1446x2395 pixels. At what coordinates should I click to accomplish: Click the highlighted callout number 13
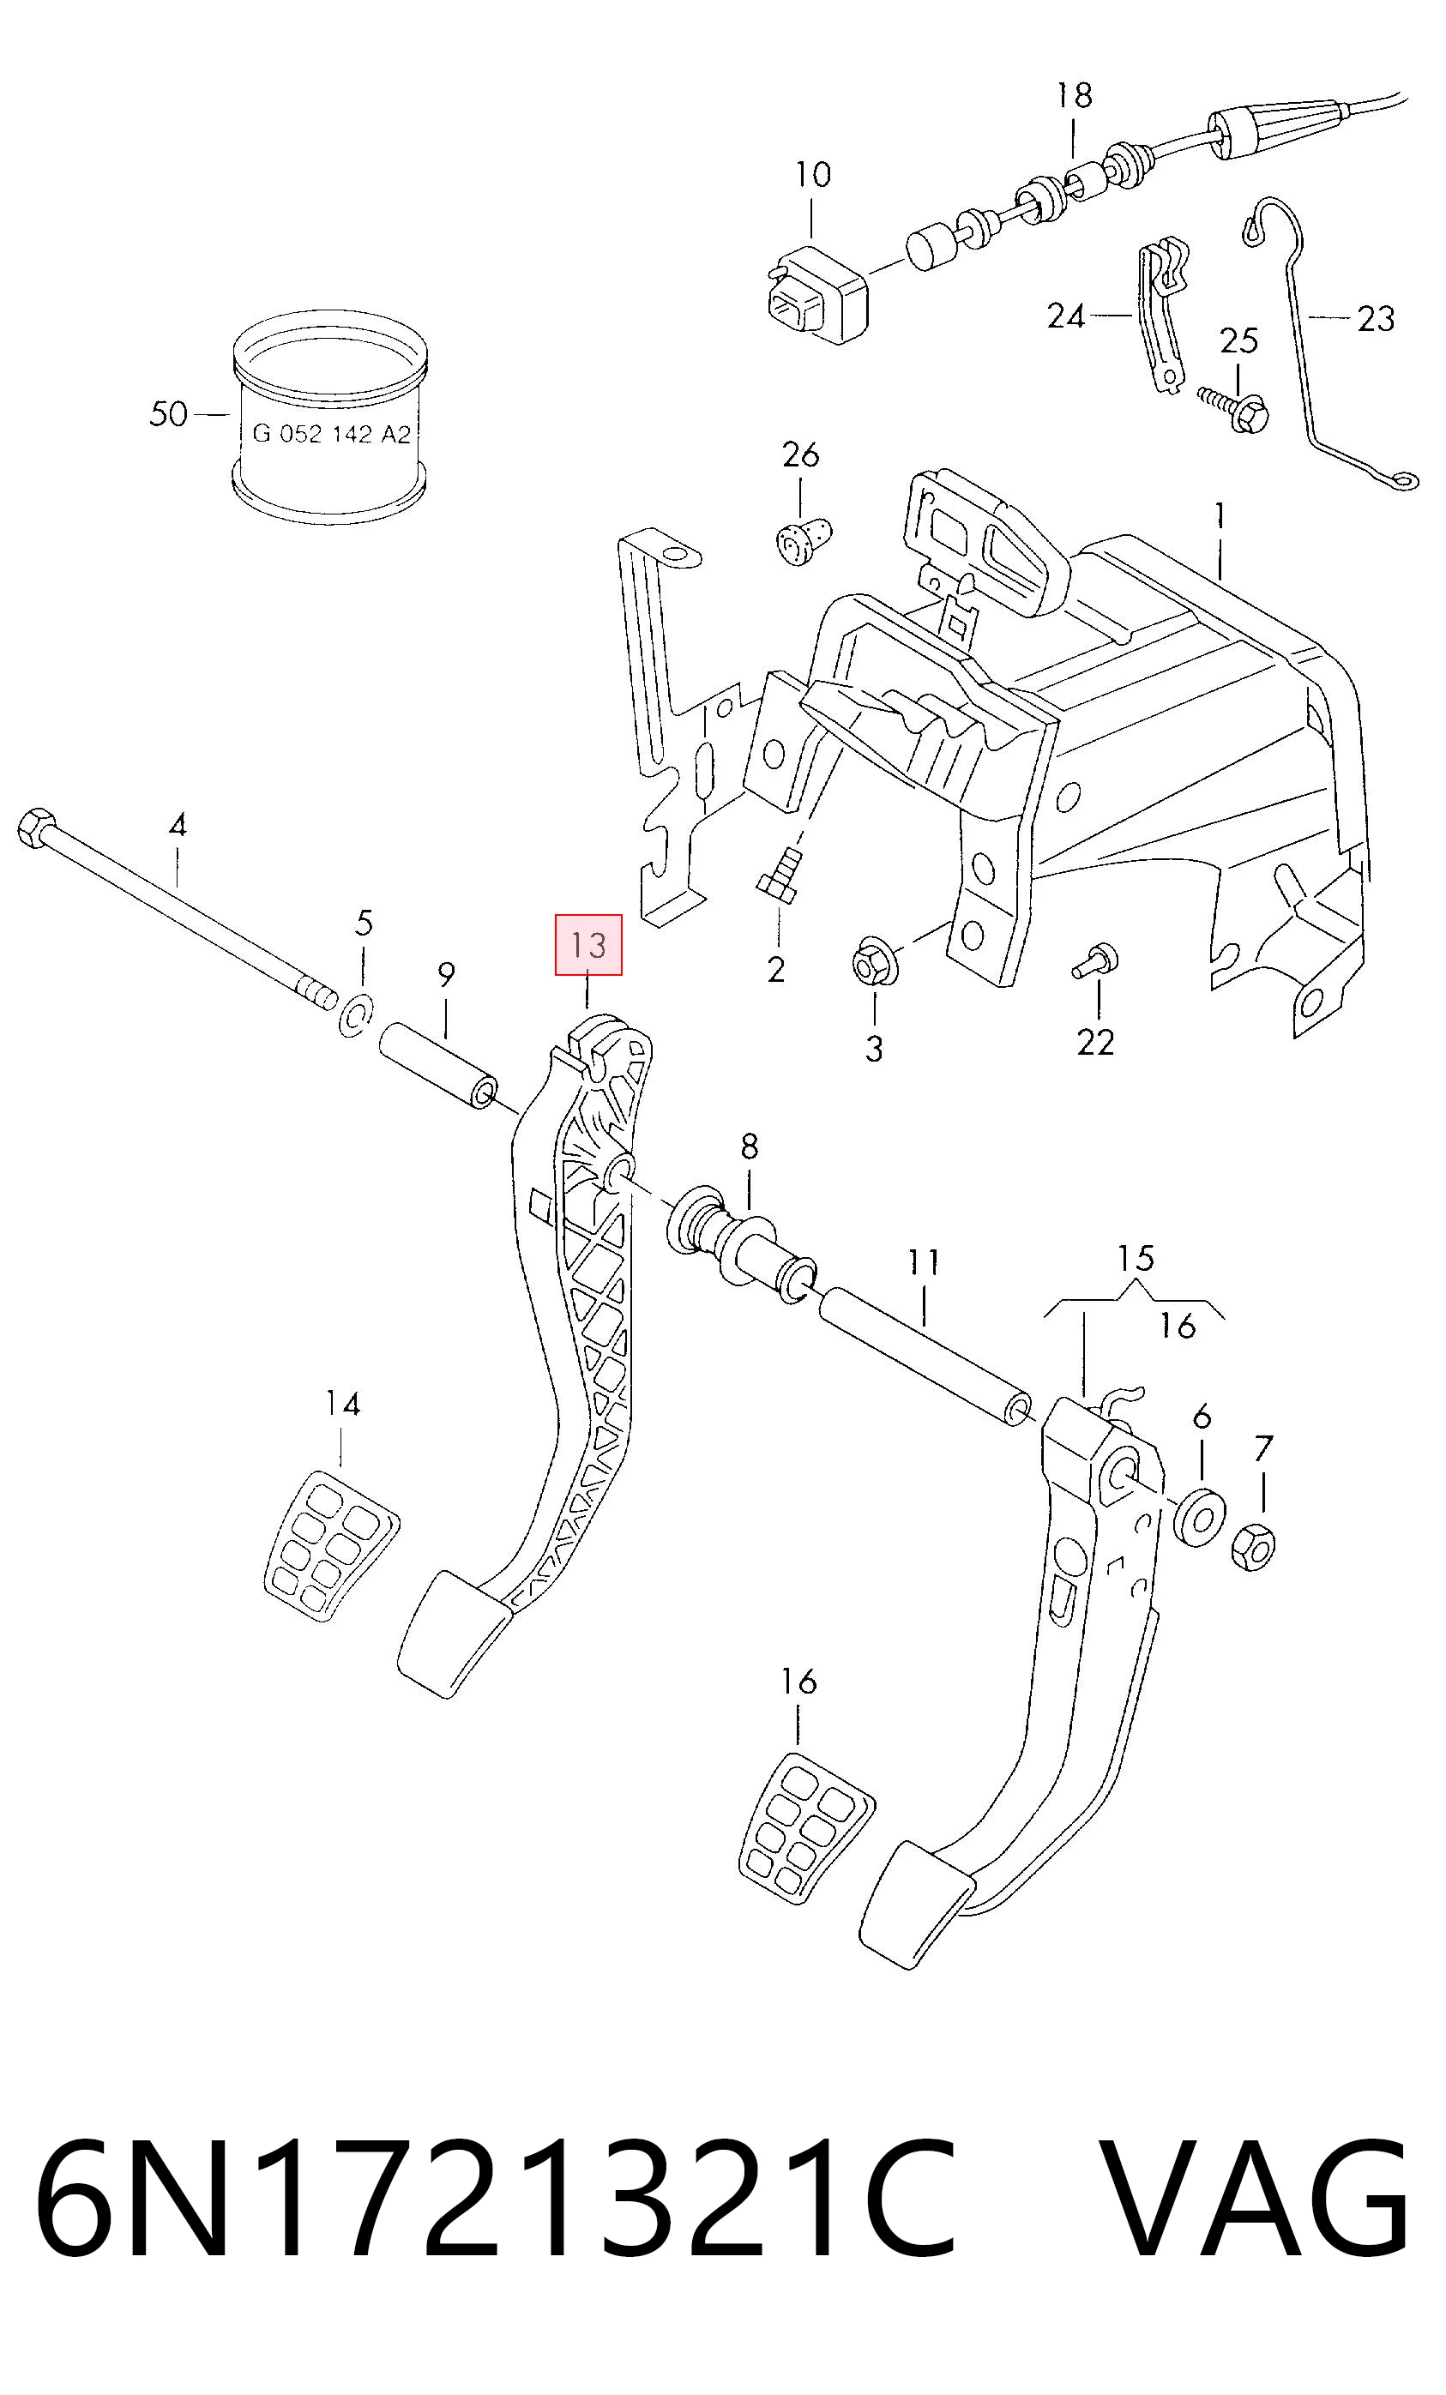point(588,944)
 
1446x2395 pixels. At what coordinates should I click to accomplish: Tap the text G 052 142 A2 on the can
point(332,435)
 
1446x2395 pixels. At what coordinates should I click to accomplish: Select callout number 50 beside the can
point(168,414)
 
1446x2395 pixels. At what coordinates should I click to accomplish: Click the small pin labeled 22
point(1095,960)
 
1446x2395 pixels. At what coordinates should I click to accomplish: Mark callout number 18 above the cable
point(1075,95)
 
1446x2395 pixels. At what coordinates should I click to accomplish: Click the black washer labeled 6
point(1197,1515)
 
